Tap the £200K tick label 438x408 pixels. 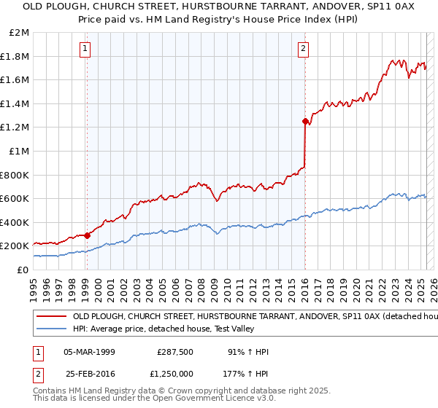pyautogui.click(x=15, y=246)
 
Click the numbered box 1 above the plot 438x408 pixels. pyautogui.click(x=86, y=49)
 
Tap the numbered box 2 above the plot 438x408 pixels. pyautogui.click(x=303, y=49)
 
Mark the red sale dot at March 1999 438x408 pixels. pyautogui.click(x=87, y=235)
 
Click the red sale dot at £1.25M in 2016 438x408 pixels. pyautogui.click(x=304, y=122)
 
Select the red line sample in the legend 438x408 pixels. pyautogui.click(x=50, y=318)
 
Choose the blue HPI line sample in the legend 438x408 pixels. pyautogui.click(x=50, y=330)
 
